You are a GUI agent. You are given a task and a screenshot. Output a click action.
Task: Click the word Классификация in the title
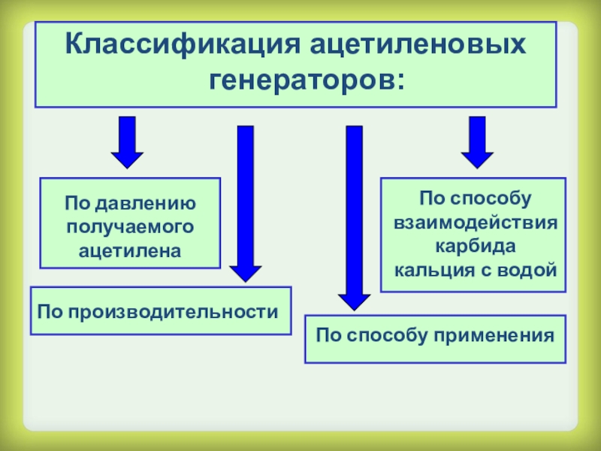coord(183,45)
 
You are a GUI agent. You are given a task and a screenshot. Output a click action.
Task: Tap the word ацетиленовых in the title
coord(418,45)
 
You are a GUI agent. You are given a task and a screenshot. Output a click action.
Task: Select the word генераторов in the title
coord(299,80)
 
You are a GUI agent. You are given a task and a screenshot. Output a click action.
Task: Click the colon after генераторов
coord(400,81)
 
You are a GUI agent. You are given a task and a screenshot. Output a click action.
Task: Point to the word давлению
coord(146,203)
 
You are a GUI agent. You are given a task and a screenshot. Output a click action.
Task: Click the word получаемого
coord(130,227)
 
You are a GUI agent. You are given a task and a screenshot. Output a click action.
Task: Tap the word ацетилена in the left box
coord(130,251)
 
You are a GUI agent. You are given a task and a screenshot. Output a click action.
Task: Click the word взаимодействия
coord(476,222)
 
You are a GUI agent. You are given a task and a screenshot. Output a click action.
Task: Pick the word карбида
coord(476,246)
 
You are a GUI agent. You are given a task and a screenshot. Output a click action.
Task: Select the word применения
coord(494,336)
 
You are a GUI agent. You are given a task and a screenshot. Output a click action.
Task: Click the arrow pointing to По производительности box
coord(246,204)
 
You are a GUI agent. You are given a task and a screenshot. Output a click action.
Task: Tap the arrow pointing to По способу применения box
coord(354,218)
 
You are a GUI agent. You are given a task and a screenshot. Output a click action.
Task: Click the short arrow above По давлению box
coord(127,142)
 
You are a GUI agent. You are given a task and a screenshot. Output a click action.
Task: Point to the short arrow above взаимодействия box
coord(477,142)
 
